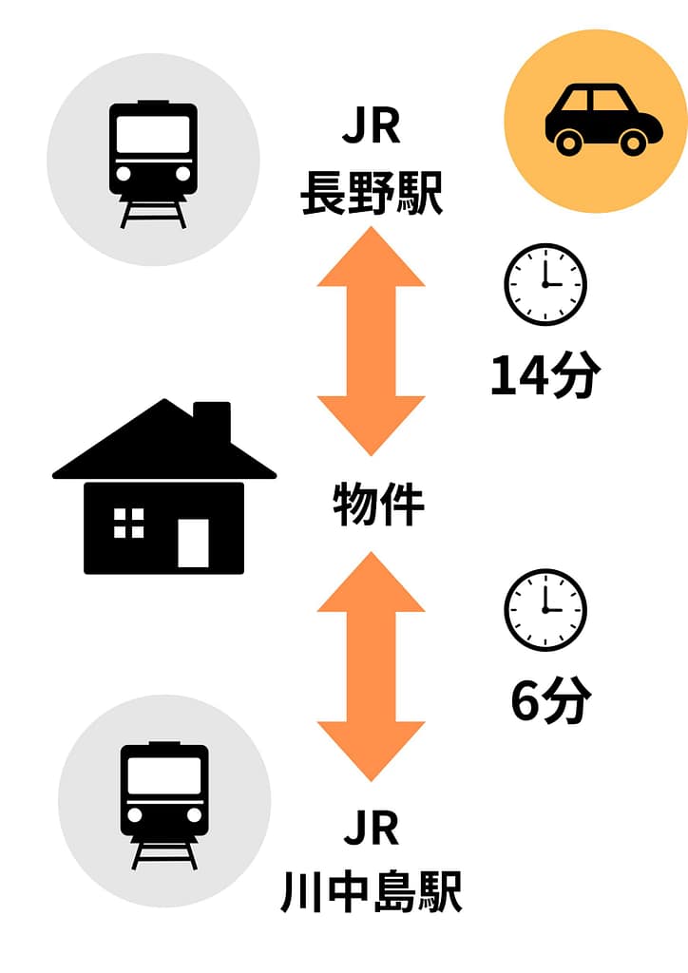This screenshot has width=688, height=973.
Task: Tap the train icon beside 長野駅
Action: click(153, 160)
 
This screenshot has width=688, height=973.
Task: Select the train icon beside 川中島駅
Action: click(164, 800)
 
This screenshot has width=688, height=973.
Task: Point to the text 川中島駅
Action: click(372, 892)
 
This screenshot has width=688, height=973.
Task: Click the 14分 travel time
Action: click(544, 376)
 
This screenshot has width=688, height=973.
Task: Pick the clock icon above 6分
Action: click(545, 610)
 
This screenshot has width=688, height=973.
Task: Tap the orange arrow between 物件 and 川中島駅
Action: click(371, 665)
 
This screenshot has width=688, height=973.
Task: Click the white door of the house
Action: click(193, 543)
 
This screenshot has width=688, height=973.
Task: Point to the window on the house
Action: click(128, 523)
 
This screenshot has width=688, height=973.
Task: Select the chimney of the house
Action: click(211, 422)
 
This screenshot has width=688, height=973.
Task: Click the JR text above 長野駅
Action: click(372, 129)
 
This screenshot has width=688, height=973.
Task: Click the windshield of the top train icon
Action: click(153, 133)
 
